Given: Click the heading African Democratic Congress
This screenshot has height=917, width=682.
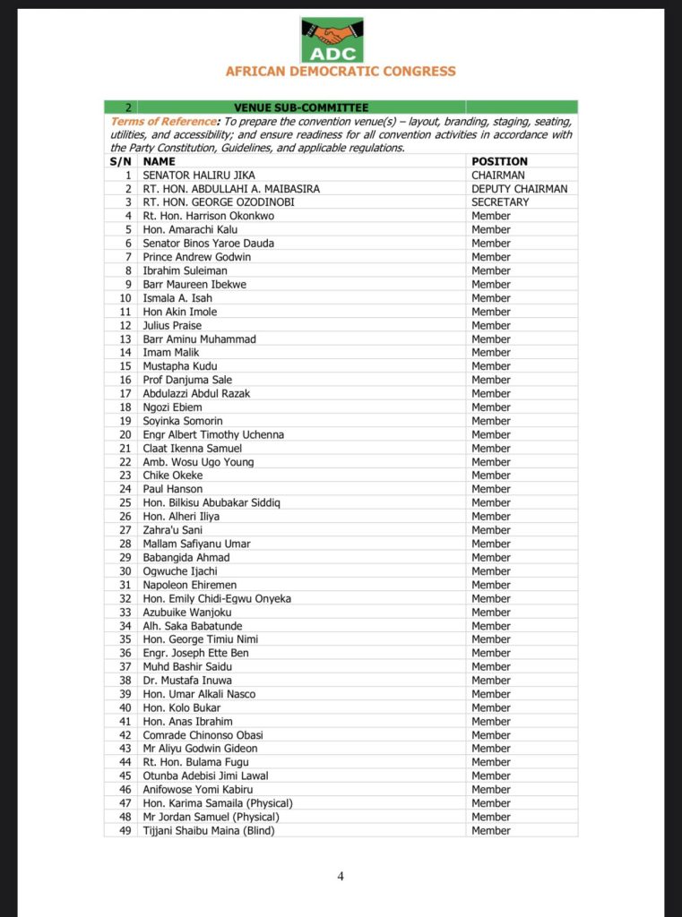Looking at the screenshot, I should pos(341,72).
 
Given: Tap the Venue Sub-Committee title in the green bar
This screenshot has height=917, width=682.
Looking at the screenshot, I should pos(301,107).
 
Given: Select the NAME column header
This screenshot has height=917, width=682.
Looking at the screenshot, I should pos(160,161).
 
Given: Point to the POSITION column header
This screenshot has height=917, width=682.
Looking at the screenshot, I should pos(500,161).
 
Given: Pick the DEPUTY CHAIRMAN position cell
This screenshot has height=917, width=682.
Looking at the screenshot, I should pos(519,189).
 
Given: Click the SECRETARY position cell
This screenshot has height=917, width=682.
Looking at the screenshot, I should pos(500,202).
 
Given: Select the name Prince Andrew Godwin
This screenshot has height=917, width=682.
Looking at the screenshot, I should pos(196,257).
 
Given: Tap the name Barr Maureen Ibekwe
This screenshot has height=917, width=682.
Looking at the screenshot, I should pos(194,284).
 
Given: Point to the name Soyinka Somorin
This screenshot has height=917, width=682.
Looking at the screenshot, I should pos(183,421).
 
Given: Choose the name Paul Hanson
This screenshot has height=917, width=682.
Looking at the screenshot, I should pos(173,489).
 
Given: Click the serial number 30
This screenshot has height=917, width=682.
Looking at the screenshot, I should pos(125,571).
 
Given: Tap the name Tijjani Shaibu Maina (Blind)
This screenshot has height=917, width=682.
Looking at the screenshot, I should pos(209,830).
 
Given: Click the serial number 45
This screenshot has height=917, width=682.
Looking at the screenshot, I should pos(125,776).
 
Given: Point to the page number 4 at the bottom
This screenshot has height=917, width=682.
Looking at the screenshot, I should pos(341,876).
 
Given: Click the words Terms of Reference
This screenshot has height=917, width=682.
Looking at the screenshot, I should pos(162,121).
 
